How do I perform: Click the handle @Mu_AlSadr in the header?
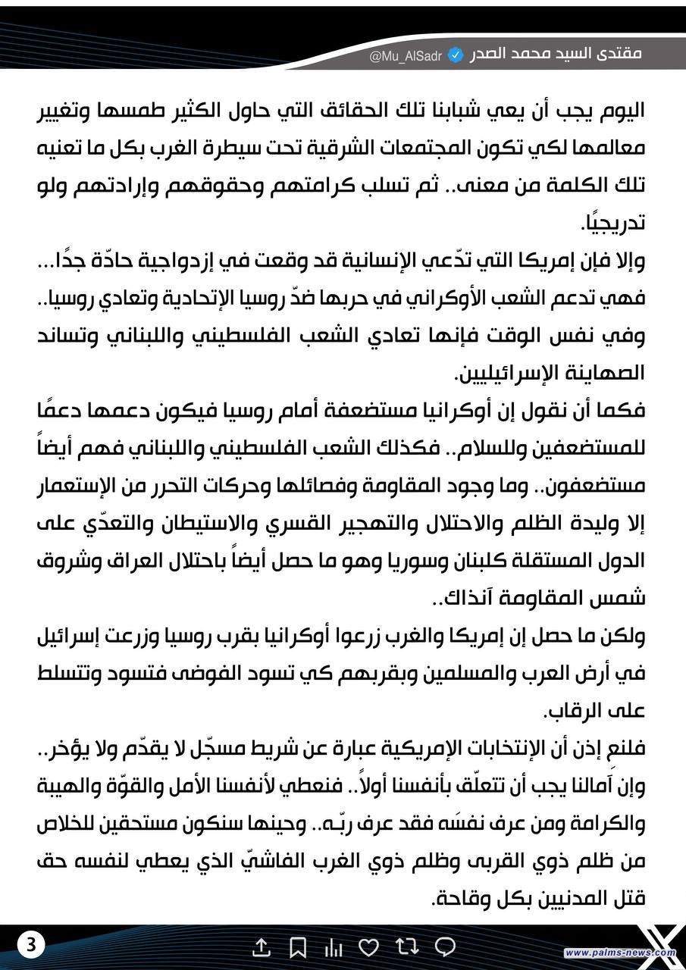407,55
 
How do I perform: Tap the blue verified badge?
456,55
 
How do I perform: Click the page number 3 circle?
30,945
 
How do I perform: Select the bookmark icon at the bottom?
298,947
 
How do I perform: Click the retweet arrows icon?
408,947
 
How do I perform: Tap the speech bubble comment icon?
446,947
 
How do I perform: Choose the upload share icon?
261,947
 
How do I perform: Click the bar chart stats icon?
334,947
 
